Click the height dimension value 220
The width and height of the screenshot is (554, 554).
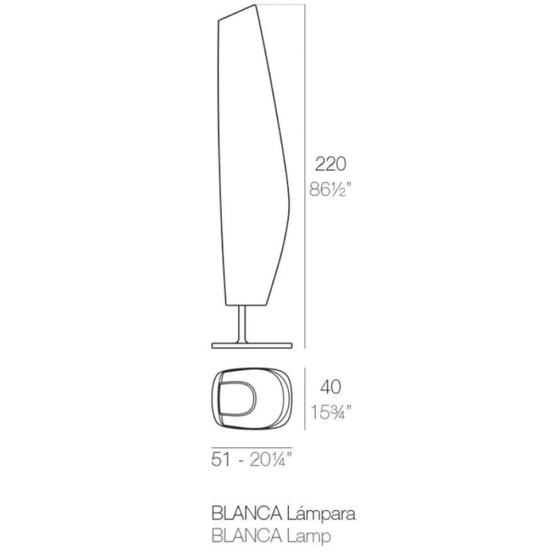(330, 164)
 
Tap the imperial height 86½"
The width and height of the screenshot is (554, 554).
(332, 190)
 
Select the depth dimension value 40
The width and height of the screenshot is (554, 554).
(330, 387)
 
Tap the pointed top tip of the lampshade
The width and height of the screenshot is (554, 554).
(257, 6)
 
